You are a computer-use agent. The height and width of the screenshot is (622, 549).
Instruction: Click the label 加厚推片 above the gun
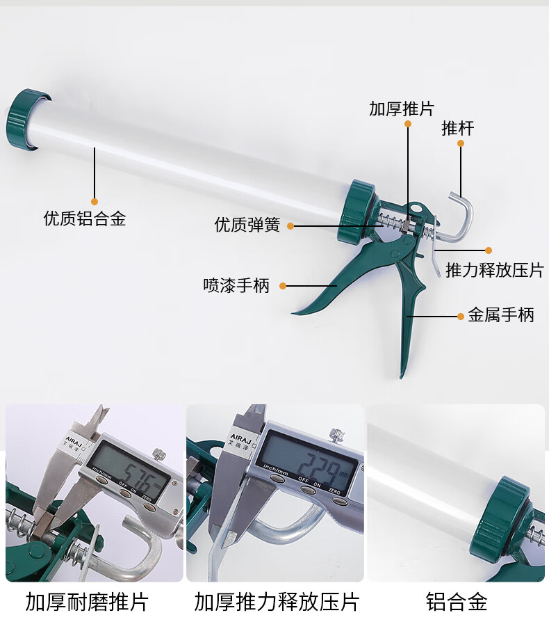[x=401, y=109]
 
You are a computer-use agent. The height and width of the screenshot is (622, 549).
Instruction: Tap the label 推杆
[x=458, y=128]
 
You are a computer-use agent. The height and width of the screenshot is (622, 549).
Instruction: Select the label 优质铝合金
[x=85, y=219]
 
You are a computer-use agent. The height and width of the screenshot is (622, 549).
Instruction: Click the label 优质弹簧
[x=247, y=225]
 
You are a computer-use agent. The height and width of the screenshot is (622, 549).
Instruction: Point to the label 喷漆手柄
[x=236, y=285]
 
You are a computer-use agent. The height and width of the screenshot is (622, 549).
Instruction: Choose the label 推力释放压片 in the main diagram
[x=494, y=270]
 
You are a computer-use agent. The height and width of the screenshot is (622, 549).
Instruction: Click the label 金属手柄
[x=500, y=315]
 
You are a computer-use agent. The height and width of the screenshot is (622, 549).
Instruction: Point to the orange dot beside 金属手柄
[x=461, y=316]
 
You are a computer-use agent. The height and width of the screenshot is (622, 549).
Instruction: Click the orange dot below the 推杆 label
[x=460, y=143]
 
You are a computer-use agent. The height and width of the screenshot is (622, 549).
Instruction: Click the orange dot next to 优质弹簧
[x=290, y=225]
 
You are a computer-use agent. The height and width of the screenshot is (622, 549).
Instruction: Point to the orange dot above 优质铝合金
[x=95, y=201]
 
